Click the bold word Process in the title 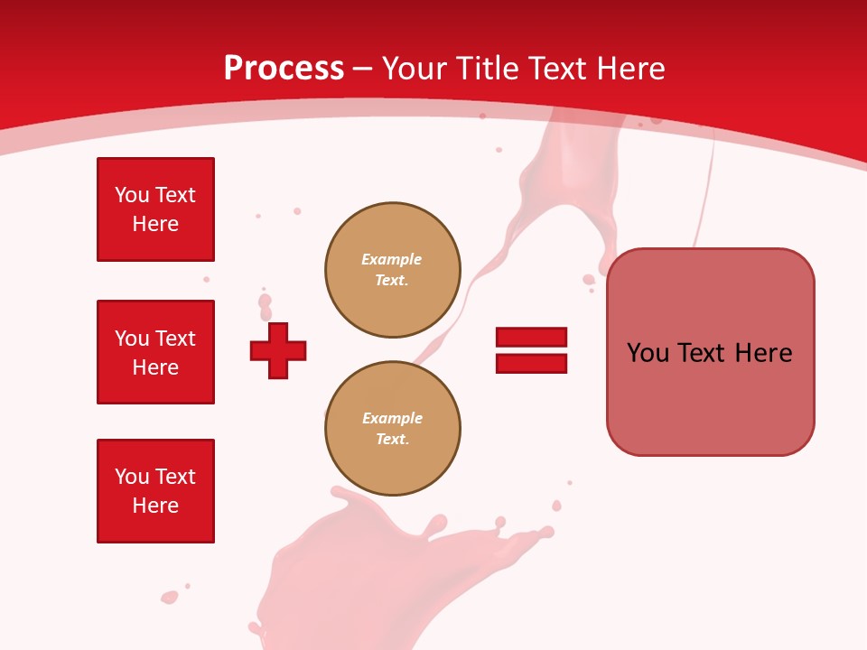coord(284,69)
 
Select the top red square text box coord(155,209)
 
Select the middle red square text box coord(155,352)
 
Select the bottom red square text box coord(155,491)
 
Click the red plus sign coord(278,350)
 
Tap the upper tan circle coord(392,270)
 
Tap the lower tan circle coord(392,429)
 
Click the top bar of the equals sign coord(531,337)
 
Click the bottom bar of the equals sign coord(531,363)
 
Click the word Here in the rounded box coord(763,353)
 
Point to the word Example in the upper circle coord(392,259)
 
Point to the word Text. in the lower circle coord(392,440)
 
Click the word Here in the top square coord(155,224)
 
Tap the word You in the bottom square coord(131,477)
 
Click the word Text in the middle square coord(175,339)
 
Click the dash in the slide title coord(363,69)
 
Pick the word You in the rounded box coord(648,353)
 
